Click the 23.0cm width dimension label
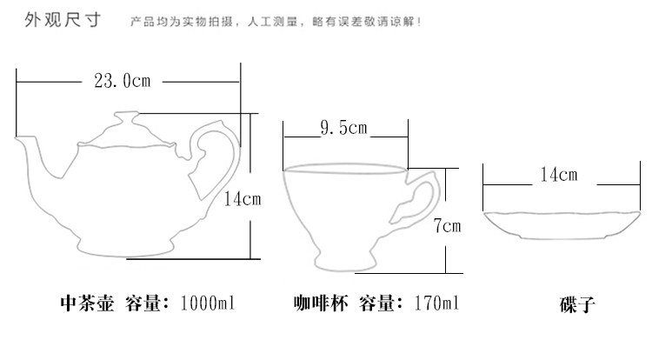123,82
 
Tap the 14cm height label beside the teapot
243,199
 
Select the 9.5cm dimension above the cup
344,129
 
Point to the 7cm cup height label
446,227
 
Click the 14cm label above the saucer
557,175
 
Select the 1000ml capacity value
209,303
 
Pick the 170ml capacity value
435,303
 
